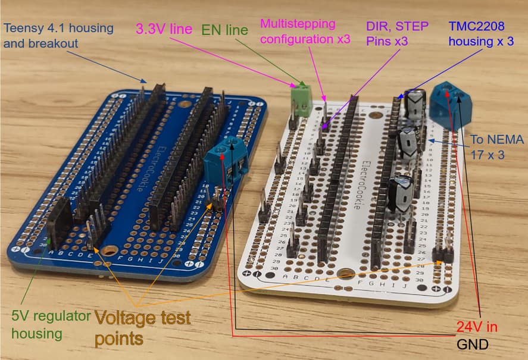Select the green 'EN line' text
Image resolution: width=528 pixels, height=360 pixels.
pos(224,29)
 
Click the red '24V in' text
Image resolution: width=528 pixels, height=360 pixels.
pos(476,327)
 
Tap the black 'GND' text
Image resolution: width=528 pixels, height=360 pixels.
pos(473,344)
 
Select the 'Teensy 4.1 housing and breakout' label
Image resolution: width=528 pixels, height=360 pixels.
pos(51,35)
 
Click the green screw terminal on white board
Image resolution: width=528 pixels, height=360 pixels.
pos(301,99)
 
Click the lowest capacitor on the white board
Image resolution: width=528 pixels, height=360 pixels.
pos(401,192)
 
